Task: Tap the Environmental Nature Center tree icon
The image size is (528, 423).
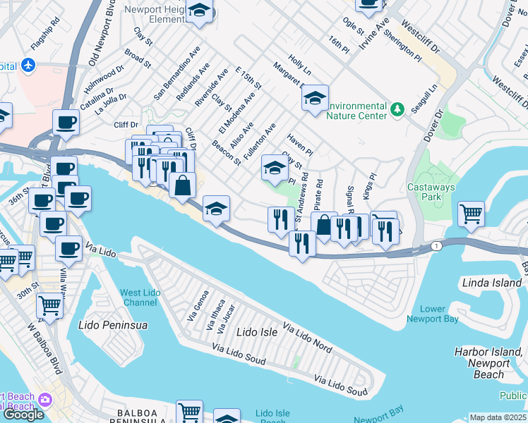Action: [397, 109]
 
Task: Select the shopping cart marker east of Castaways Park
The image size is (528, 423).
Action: [471, 212]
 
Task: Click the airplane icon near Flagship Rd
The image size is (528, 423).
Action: [28, 66]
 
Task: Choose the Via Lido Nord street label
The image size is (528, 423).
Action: [307, 338]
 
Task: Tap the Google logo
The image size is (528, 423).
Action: [23, 415]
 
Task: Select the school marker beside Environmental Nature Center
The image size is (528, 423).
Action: [315, 98]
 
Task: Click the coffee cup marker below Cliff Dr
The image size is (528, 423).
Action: [66, 122]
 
